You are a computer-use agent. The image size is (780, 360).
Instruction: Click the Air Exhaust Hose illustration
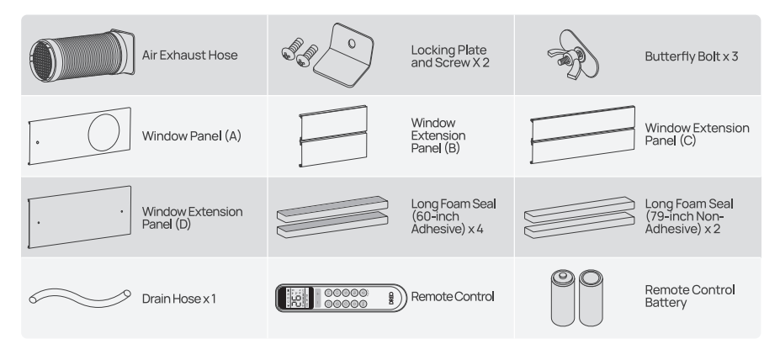[80, 55]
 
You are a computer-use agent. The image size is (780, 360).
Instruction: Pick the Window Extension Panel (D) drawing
[80, 217]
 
